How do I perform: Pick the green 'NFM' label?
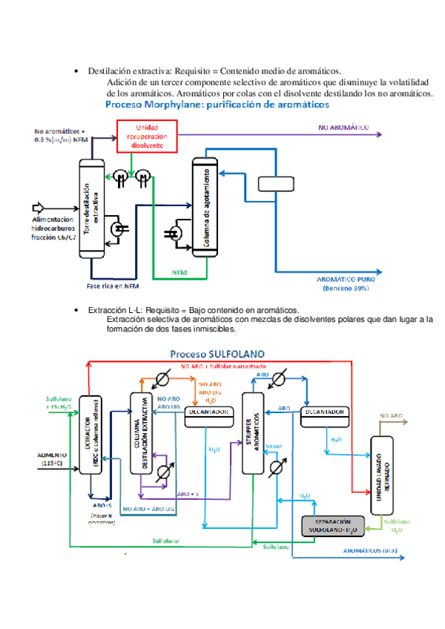tap(179, 272)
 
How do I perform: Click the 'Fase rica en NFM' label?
tap(113, 286)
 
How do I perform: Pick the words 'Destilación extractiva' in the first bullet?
tap(124, 70)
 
